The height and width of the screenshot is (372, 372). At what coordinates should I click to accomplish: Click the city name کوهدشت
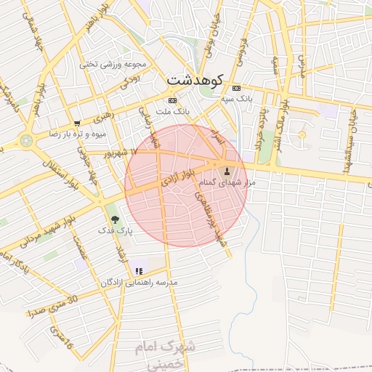point(197,80)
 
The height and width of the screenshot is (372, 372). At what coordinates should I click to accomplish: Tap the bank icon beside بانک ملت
point(172,100)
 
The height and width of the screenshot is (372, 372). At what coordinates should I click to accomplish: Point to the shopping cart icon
point(77,123)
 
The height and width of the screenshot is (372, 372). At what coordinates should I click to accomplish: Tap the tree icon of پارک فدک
point(115,219)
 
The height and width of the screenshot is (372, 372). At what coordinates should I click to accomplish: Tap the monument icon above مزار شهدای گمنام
point(227,172)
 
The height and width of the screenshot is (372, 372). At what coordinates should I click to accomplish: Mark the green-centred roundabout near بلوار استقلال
point(27,140)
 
